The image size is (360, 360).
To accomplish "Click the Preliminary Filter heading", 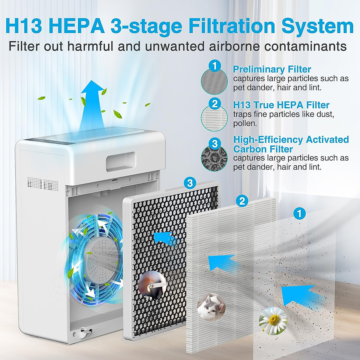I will coord(272,69).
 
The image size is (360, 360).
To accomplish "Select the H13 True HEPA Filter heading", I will coord(281,105).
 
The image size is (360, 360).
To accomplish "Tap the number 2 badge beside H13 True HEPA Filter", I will coord(214,104).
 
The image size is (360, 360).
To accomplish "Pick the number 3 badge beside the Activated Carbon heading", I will coord(214,144).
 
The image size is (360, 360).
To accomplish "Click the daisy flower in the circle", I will coord(273,321).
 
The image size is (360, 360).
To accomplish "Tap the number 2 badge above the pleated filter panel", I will coord(242,201).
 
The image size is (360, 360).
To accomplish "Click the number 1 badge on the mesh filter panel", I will coord(299,214).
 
